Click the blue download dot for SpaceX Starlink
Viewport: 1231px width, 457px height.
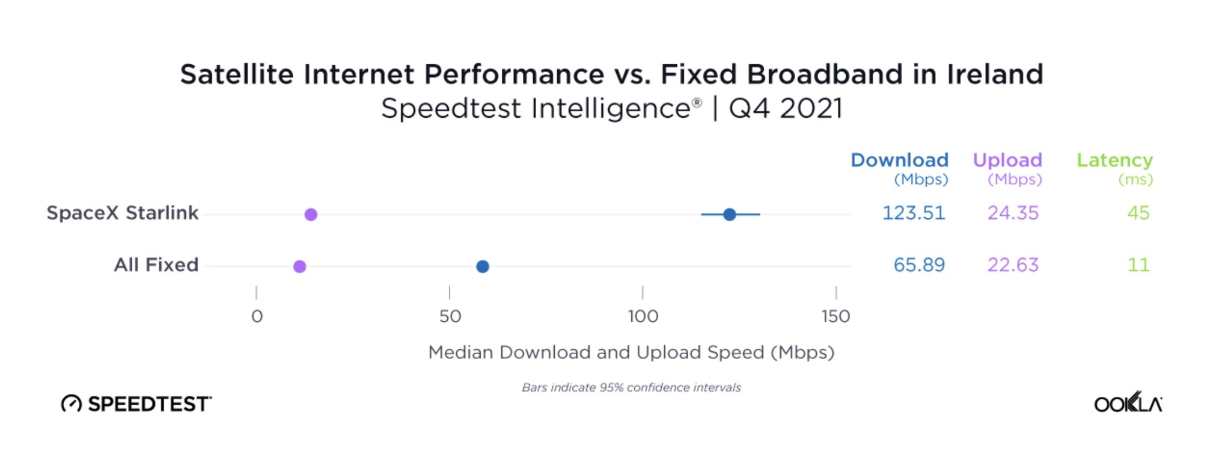[x=729, y=214]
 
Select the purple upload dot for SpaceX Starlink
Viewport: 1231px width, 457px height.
[x=311, y=214]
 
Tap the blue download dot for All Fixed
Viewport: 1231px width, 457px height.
[x=482, y=266]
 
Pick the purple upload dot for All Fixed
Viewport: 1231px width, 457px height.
[x=299, y=266]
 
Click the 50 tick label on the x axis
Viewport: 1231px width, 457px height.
[x=450, y=316]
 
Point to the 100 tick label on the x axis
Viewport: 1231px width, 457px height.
[x=643, y=316]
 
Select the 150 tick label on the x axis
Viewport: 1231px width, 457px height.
[x=835, y=316]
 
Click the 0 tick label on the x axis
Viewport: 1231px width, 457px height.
[x=257, y=316]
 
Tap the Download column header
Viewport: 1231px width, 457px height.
[x=899, y=161]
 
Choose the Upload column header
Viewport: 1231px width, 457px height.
[x=1007, y=161]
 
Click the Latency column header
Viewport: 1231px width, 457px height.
[x=1114, y=161]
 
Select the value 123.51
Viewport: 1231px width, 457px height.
[x=913, y=213]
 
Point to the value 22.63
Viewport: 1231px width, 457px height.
[x=1013, y=265]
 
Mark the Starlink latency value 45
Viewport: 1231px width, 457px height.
[x=1138, y=213]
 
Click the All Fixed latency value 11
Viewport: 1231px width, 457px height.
[x=1138, y=265]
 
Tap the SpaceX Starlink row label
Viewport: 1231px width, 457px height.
[x=123, y=213]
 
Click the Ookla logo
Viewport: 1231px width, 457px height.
[x=1128, y=403]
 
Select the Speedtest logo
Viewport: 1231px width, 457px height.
[x=136, y=403]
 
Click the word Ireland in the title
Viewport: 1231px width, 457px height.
[x=995, y=75]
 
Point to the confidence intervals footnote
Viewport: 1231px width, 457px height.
[x=631, y=388]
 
